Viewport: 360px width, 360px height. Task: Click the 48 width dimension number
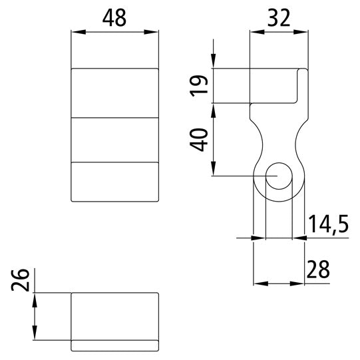115,18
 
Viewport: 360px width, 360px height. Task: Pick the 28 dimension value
318,270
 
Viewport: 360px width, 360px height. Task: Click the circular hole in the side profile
279,176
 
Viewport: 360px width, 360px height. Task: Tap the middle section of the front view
115,139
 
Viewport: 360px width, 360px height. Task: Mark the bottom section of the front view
115,181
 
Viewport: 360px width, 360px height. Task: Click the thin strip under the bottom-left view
115,345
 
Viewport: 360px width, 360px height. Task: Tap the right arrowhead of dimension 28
300,283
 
